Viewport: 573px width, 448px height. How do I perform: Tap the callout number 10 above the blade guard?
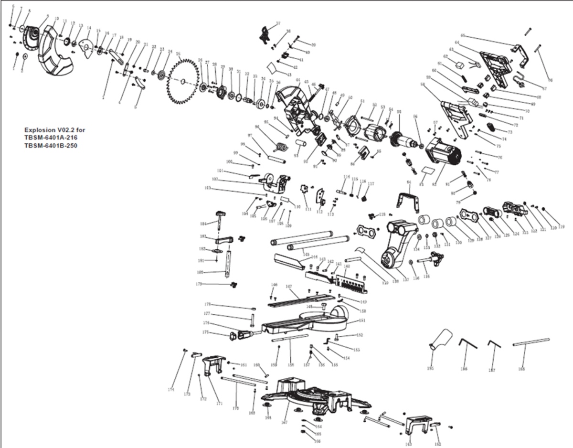57,19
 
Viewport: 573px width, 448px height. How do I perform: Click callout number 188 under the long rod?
521,369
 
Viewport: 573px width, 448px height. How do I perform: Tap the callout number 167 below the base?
285,422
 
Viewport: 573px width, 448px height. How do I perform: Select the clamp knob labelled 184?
220,215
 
